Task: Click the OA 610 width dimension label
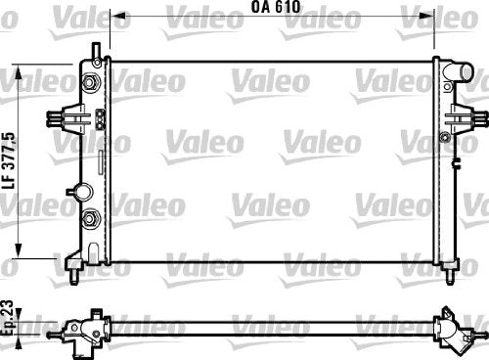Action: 276,7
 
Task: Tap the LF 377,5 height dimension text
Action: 9,160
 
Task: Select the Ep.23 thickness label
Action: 7,318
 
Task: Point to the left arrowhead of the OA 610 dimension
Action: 118,16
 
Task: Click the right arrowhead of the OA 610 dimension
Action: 426,16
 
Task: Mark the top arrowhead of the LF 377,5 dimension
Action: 19,71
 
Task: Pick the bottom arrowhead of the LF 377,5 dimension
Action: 19,250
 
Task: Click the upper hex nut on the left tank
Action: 89,81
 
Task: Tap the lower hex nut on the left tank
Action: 89,218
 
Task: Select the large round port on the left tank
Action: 83,192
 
